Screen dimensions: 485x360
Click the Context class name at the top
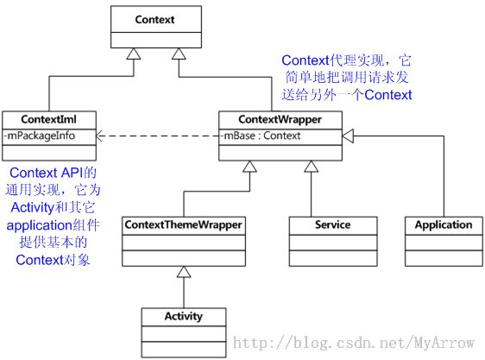point(154,20)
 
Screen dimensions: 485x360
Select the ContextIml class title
point(48,119)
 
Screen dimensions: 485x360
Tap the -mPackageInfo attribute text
point(40,136)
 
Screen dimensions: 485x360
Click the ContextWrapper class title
point(280,119)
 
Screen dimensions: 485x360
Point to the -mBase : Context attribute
point(260,136)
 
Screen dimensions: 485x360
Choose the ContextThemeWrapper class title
point(184,225)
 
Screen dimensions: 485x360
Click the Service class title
point(333,224)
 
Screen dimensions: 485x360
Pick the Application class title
point(444,225)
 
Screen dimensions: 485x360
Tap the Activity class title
point(184,316)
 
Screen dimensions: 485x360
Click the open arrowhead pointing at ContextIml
point(99,136)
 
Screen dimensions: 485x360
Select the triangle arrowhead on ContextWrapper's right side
point(348,136)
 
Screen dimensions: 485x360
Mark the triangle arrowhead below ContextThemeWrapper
point(184,272)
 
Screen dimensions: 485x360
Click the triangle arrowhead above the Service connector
point(312,167)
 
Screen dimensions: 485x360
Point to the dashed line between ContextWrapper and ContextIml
point(157,136)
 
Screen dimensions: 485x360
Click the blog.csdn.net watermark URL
point(354,343)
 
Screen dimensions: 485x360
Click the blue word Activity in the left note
point(33,208)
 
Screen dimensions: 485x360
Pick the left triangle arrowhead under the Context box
point(134,54)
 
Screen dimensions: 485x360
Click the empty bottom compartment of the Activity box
point(184,350)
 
